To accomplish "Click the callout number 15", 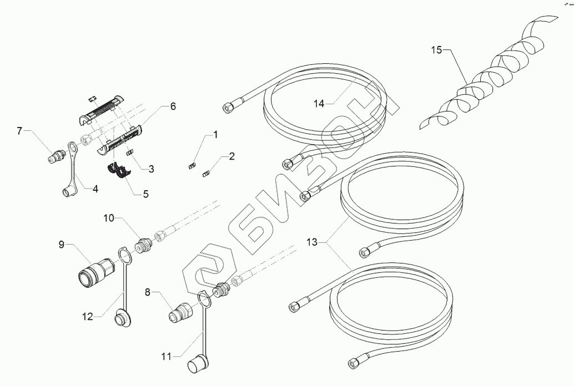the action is pos(436,50).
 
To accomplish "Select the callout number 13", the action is pos(313,241).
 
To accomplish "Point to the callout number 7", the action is pos(20,131).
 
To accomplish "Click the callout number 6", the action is pos(173,106).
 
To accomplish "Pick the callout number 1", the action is pos(215,135).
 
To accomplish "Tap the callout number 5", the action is pos(145,194).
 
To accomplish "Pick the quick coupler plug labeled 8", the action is pos(181,313).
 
